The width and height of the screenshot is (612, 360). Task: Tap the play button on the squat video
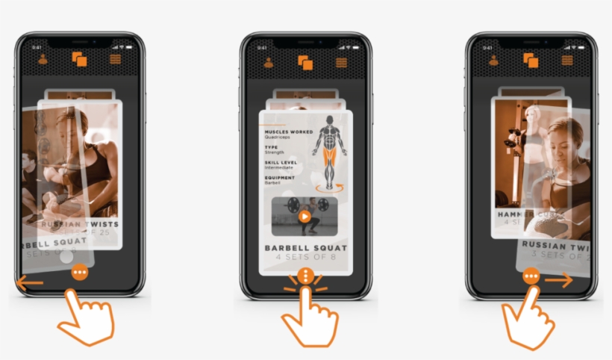coord(304,217)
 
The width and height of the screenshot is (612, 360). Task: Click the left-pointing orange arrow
coord(29,282)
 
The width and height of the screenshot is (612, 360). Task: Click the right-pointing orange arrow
coord(559,280)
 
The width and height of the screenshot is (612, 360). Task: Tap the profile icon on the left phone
coord(43,60)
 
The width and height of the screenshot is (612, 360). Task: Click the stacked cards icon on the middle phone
coord(305,62)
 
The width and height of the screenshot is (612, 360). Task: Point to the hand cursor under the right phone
coord(528,317)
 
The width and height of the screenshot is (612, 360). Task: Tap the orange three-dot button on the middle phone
coord(305,276)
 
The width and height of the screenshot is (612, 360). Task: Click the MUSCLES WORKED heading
coord(287,132)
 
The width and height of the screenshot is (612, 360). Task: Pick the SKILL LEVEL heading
coord(280,162)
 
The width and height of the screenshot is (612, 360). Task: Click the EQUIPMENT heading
coord(279,178)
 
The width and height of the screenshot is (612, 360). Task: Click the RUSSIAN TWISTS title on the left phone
coord(80,223)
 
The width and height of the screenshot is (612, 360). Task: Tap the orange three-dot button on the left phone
coord(80,273)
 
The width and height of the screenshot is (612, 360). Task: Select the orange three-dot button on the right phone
coord(531,276)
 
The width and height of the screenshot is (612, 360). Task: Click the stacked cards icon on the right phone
coord(531,60)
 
